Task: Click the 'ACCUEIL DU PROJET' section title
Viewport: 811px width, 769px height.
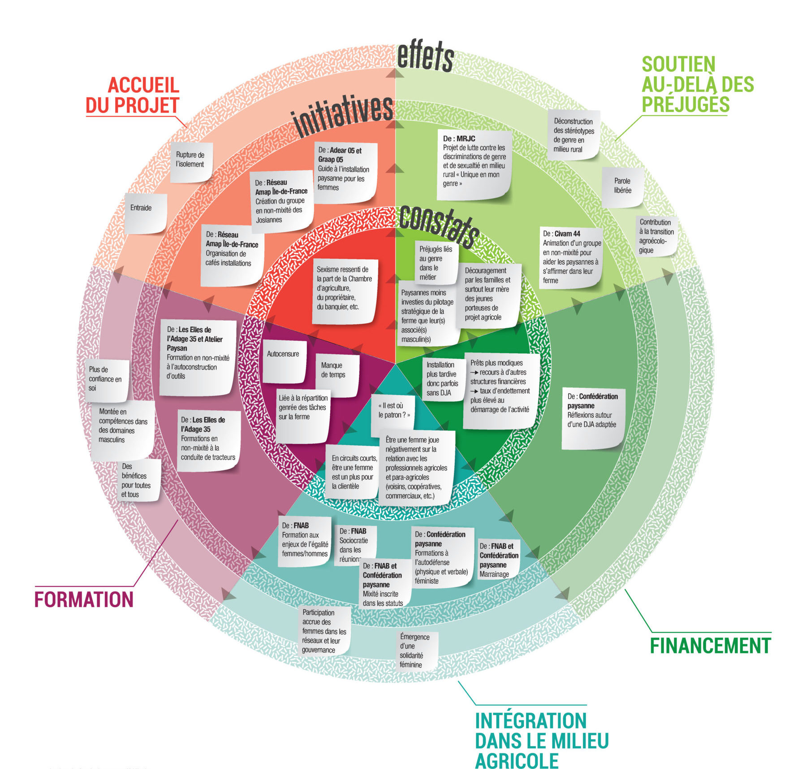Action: (x=133, y=96)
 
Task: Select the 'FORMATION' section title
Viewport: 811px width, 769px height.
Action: (x=84, y=600)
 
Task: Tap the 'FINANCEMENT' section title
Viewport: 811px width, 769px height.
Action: (x=710, y=646)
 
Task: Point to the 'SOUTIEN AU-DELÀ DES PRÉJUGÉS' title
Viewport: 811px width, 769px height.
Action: (x=697, y=84)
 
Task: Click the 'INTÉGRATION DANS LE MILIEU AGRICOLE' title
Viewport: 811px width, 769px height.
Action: (x=541, y=741)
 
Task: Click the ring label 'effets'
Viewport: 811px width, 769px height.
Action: (x=425, y=56)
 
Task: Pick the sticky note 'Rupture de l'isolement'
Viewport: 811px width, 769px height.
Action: (x=190, y=161)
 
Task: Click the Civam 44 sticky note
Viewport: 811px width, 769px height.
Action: (x=571, y=257)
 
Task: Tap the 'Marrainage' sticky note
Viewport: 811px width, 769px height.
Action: (x=498, y=560)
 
